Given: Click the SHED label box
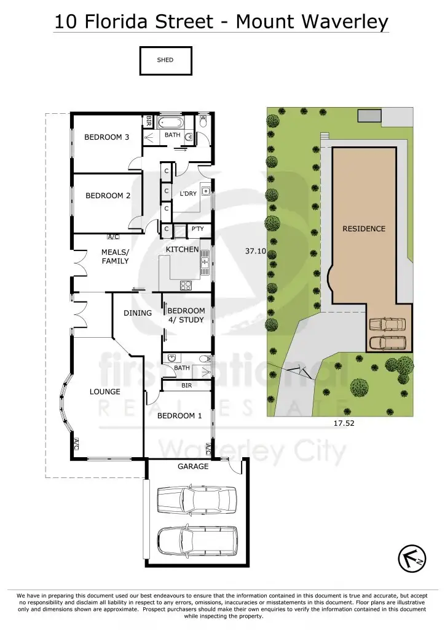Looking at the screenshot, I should (165, 61).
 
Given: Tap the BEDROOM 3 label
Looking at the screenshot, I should (106, 137).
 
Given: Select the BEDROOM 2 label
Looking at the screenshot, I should (108, 196).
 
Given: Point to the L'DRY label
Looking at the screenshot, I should (187, 194).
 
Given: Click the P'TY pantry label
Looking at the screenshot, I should (197, 229).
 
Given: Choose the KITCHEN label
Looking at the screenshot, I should (182, 249).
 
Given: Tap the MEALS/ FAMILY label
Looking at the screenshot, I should (115, 257).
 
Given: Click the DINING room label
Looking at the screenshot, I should (138, 313).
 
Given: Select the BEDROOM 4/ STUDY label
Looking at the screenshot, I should (186, 315).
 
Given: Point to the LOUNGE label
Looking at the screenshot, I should (105, 392).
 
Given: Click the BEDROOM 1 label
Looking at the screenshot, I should (179, 416).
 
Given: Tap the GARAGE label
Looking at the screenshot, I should (193, 466).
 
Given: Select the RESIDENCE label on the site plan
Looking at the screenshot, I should (364, 229).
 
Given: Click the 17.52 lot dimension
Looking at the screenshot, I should (344, 423).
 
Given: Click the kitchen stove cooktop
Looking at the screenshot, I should (186, 285).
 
